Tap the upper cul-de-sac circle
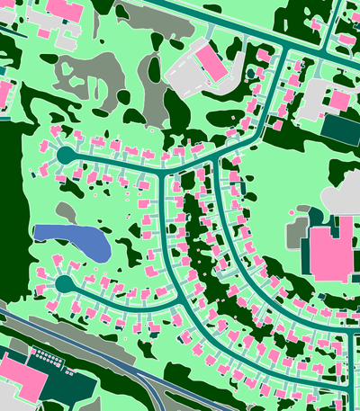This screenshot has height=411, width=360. tap(64, 156)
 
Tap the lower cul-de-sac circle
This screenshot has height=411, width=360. tap(64, 284)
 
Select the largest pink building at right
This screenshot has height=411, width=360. tap(330, 253)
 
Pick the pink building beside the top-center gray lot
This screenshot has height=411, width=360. tap(211, 61)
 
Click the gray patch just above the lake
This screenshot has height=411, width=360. tap(67, 212)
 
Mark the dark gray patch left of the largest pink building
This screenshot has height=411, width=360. tap(296, 233)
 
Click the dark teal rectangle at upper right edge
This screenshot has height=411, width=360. tap(341, 129)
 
